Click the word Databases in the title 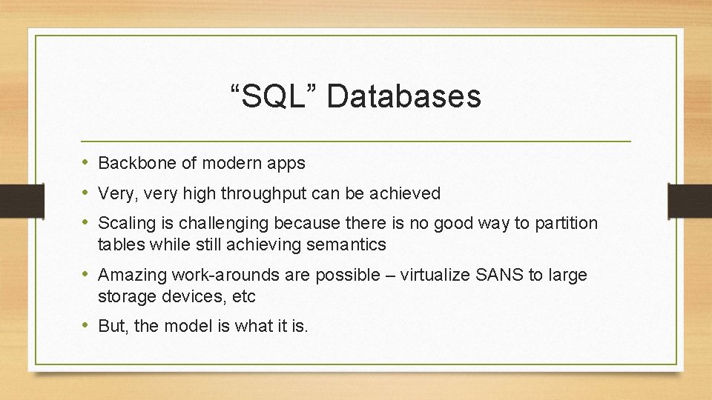click(x=403, y=96)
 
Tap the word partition click(x=567, y=223)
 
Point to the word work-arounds click(x=217, y=276)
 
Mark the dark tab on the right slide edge click(x=690, y=200)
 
